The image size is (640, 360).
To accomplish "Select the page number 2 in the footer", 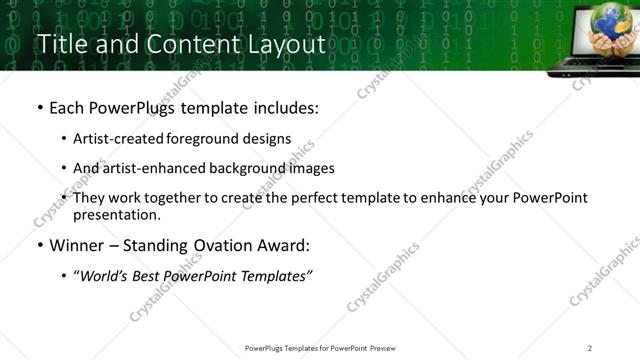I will [x=590, y=348].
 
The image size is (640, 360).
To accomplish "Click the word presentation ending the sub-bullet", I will [x=115, y=215].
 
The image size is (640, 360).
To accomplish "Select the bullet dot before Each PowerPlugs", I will [x=39, y=108].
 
